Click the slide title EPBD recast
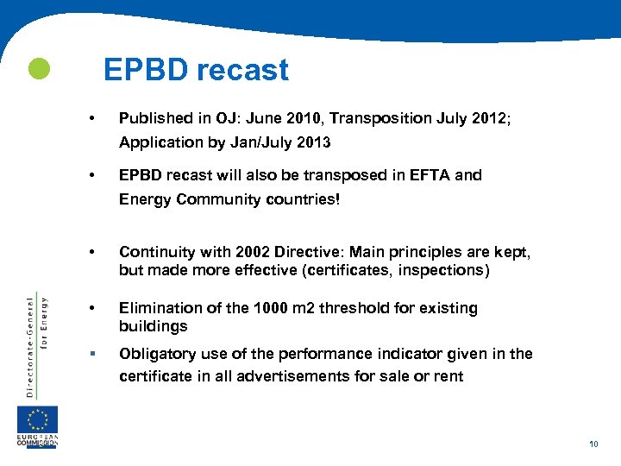(x=196, y=70)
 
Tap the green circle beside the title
(x=38, y=69)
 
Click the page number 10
(x=593, y=444)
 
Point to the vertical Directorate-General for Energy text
(x=36, y=345)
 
